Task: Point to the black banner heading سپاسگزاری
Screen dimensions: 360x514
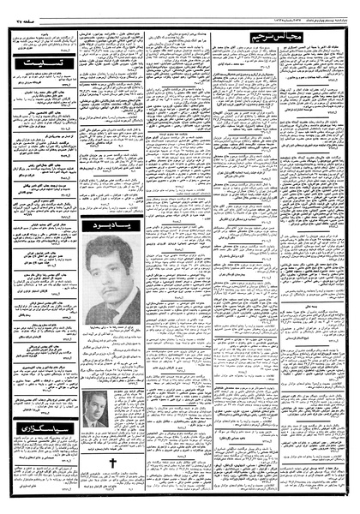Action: coord(41,448)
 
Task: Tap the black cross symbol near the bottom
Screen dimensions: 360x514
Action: coord(111,463)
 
